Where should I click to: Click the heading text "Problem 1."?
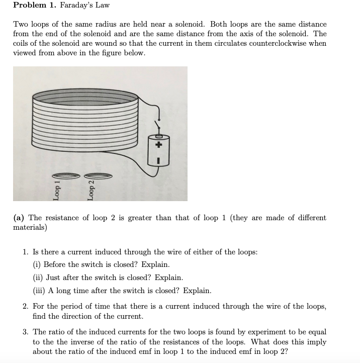pos(34,6)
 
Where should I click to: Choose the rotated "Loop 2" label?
pos(91,190)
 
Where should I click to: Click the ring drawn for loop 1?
pos(65,175)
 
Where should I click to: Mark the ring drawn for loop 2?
pos(100,175)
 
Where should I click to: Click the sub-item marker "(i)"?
pos(37,264)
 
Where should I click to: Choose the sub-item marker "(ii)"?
pos(38,278)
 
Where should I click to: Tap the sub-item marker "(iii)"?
pos(39,291)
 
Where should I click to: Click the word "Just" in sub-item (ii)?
pos(54,278)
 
